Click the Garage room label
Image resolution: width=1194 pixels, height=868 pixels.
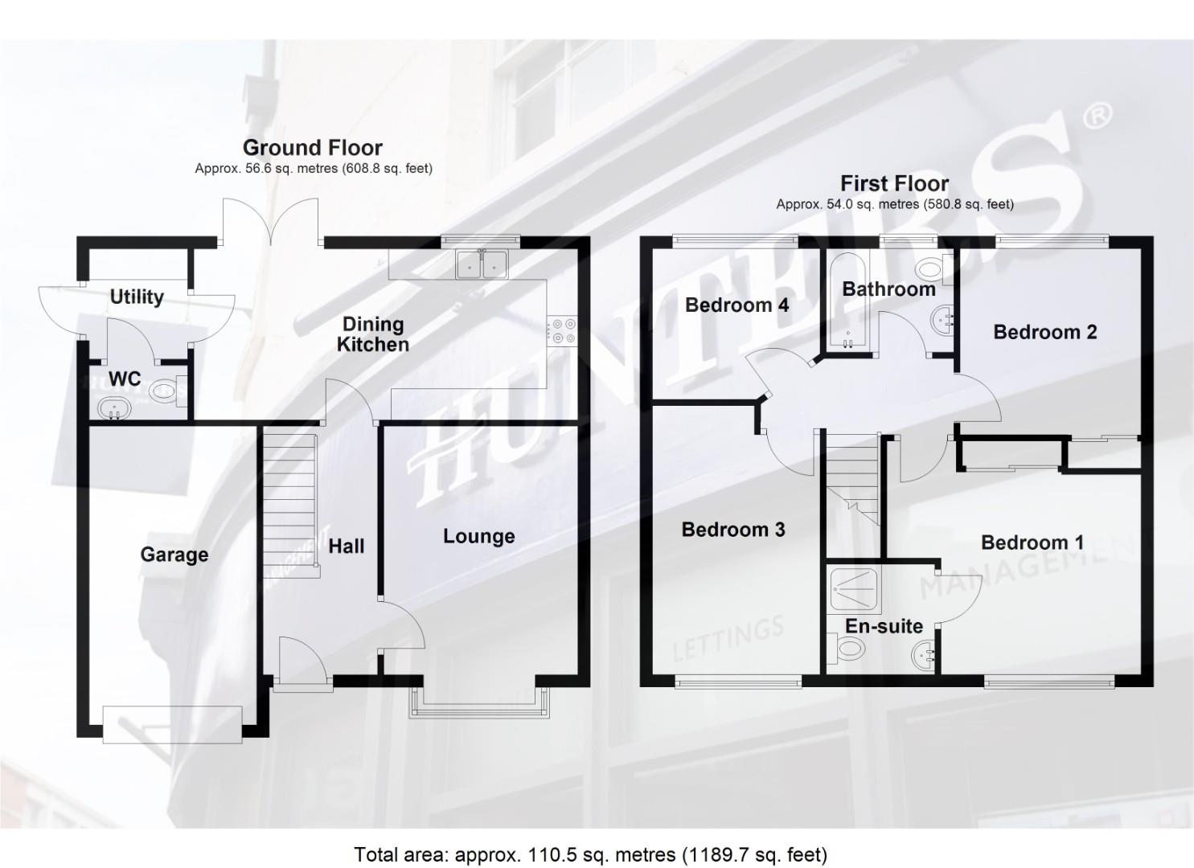(x=174, y=555)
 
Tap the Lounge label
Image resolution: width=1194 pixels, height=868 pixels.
(x=478, y=536)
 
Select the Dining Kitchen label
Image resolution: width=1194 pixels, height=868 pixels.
(x=373, y=334)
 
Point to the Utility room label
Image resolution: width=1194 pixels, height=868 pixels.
(x=137, y=297)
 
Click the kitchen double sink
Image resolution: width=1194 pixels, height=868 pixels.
(x=482, y=264)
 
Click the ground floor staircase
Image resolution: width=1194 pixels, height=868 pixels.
(x=289, y=502)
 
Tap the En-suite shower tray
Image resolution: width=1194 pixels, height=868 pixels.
(x=855, y=592)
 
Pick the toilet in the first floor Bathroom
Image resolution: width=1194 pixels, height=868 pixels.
(x=933, y=268)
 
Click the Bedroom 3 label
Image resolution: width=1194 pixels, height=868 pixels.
(x=732, y=530)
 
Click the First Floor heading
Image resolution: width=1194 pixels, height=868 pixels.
(x=894, y=183)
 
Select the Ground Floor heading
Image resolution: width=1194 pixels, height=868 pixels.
(x=312, y=147)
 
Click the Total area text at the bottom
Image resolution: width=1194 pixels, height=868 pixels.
(x=590, y=854)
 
